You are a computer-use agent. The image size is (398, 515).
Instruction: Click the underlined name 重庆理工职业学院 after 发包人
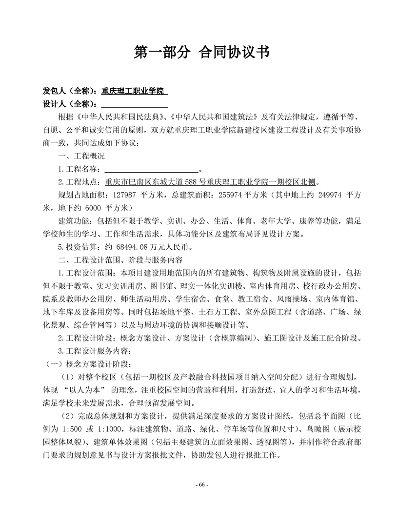coord(133,91)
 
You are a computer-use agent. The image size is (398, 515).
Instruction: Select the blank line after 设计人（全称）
coord(134,104)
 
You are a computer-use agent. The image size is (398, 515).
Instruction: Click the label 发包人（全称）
coord(71,91)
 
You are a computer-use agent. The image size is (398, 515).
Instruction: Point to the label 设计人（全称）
coord(71,104)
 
